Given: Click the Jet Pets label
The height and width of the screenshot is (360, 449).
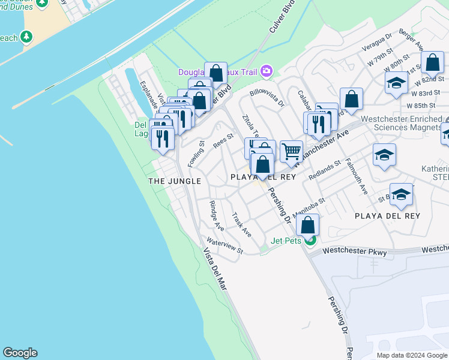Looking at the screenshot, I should [286, 241].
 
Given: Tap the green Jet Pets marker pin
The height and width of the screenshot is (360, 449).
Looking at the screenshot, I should [310, 241].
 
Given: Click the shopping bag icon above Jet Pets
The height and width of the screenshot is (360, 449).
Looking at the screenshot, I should [307, 226].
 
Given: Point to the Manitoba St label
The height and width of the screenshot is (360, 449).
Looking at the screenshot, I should [309, 207].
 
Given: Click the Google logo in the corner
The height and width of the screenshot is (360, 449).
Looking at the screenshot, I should [20, 353].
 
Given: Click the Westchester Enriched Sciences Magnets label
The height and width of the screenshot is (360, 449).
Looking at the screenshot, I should [409, 123].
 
